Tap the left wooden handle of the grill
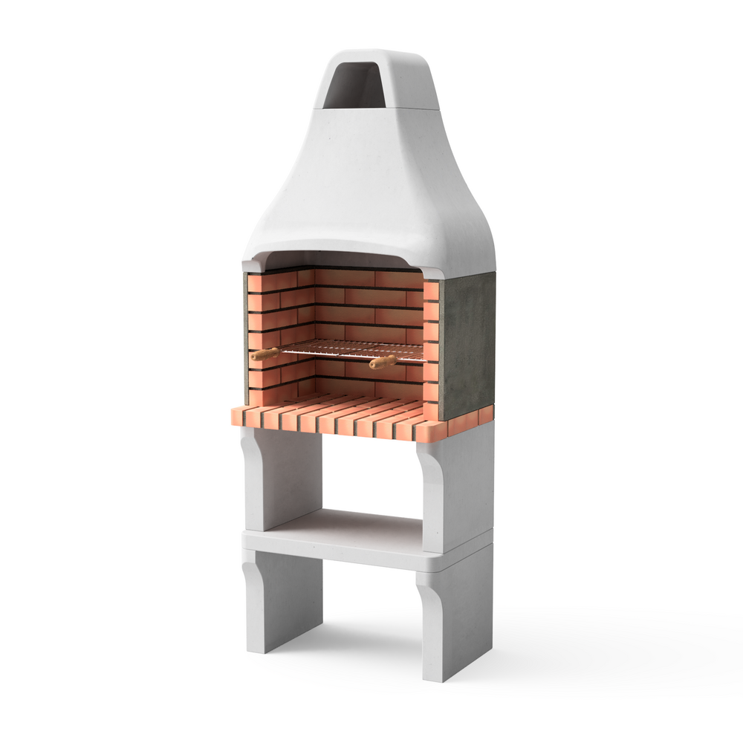coord(264,354)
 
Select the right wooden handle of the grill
coord(382,362)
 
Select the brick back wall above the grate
coord(364,305)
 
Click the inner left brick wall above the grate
coord(279,312)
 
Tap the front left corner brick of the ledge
coord(241,416)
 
